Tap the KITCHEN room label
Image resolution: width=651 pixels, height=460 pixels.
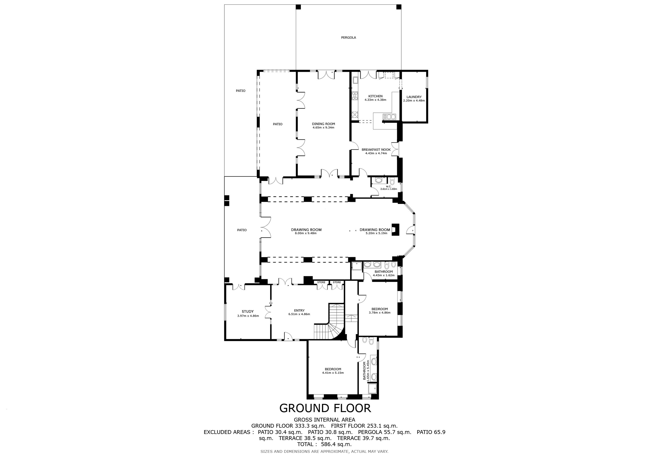[375, 96]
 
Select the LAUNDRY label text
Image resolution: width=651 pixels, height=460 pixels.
[414, 97]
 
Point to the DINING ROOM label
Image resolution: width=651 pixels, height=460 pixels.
[323, 124]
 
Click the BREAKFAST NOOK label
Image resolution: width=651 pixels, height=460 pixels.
[376, 150]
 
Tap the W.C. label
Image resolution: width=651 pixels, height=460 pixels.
[389, 186]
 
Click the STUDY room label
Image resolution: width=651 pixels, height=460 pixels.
[248, 312]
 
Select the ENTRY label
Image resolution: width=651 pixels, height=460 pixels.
[299, 310]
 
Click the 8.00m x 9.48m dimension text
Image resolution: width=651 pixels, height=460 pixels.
[306, 233]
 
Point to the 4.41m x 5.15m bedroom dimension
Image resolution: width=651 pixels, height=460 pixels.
[333, 373]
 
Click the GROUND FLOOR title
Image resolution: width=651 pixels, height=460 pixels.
[325, 408]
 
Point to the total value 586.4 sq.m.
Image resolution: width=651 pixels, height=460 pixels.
[336, 445]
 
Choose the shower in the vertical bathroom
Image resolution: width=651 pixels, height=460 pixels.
[372, 388]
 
